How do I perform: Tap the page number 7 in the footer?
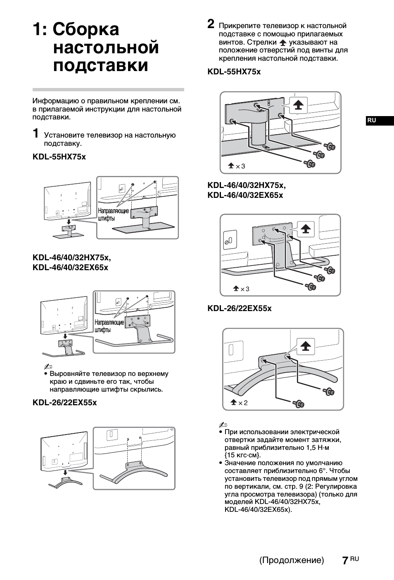coord(345,560)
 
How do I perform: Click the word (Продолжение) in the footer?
coord(292,560)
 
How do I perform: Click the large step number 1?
coord(36,133)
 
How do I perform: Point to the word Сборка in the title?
coord(86,29)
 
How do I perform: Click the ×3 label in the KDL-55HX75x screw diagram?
coord(237,166)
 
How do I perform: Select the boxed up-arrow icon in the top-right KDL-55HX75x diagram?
coord(298,106)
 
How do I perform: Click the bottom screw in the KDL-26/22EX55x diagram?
coord(298,404)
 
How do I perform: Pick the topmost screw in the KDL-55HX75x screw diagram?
coord(330,146)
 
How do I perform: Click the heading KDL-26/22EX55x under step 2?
coord(240,309)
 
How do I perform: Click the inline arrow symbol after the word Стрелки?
coord(282,43)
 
